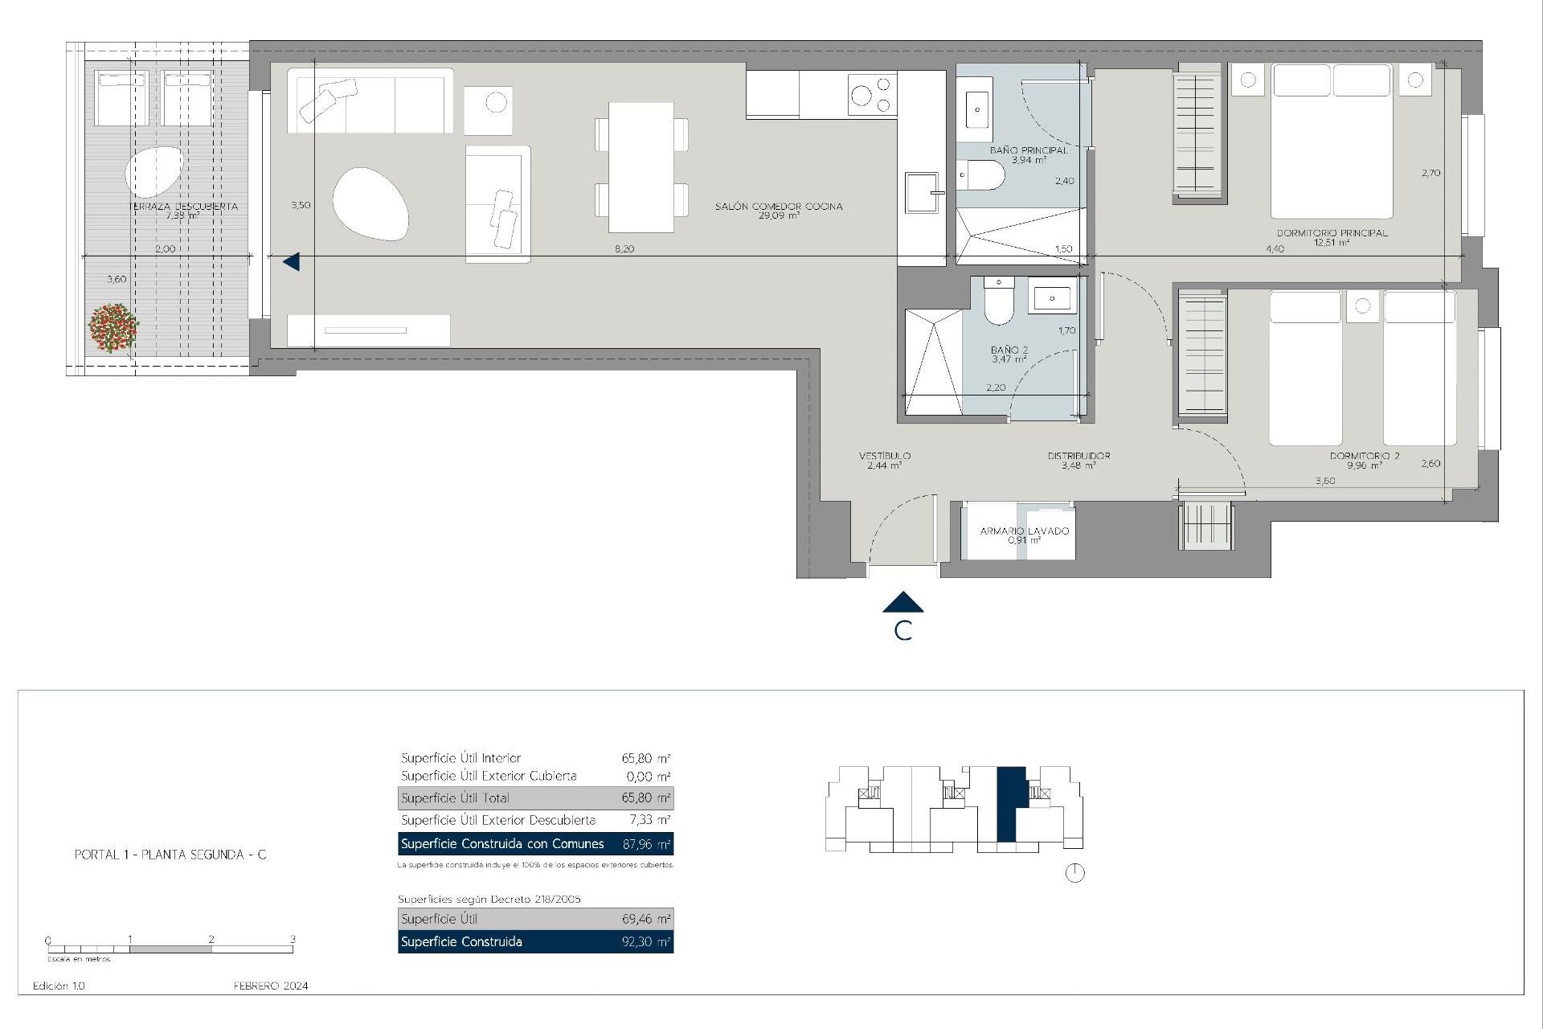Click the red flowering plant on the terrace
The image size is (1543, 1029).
[113, 328]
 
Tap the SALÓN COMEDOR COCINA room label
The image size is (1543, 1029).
[779, 207]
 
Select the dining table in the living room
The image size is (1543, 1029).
[641, 167]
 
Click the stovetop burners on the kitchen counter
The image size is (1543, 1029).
[872, 95]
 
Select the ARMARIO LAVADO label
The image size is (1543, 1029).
[1024, 531]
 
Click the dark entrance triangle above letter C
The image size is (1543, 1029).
[902, 602]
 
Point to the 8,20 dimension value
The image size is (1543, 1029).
[624, 249]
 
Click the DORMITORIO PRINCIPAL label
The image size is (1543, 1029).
[1332, 233]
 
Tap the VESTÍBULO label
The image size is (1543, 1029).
[884, 456]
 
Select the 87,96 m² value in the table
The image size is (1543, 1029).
[646, 844]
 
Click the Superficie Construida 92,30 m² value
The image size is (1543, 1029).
[646, 942]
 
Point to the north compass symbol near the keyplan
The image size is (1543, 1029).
[1074, 873]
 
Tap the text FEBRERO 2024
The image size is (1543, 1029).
[271, 986]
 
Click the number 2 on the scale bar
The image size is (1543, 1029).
[211, 939]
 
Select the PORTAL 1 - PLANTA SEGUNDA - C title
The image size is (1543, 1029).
[170, 855]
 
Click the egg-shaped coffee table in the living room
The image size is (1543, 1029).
[370, 203]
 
